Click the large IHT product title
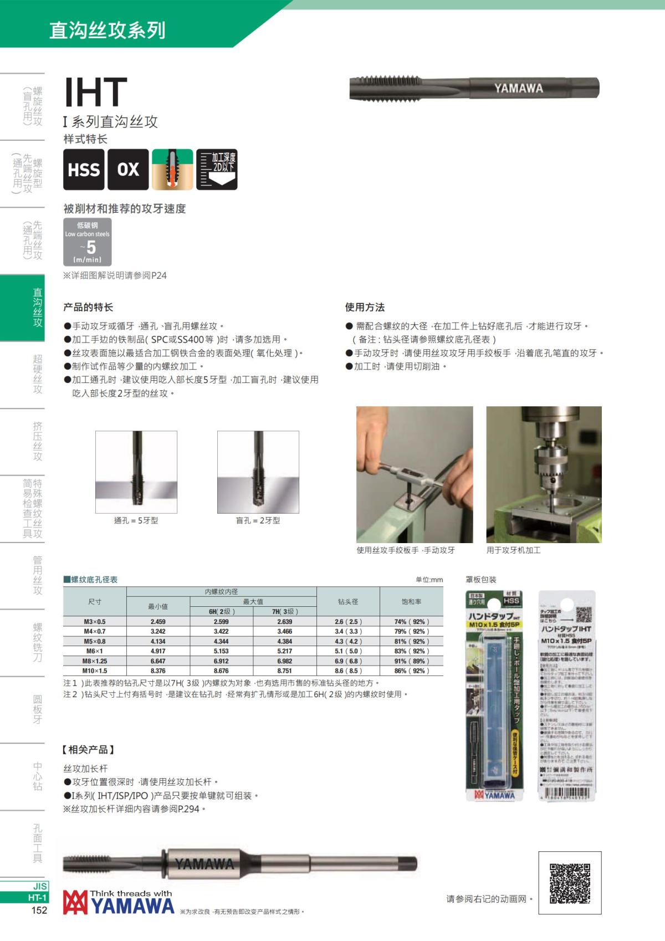click(x=95, y=92)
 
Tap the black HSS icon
click(x=84, y=170)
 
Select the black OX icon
click(x=128, y=170)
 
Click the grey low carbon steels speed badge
click(x=88, y=242)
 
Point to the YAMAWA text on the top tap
click(x=518, y=88)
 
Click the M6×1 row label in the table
click(x=95, y=651)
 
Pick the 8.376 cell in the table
click(x=158, y=671)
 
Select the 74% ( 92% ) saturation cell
click(x=411, y=622)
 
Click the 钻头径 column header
click(x=348, y=601)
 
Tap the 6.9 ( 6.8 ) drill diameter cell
click(x=348, y=661)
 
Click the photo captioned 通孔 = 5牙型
click(x=136, y=472)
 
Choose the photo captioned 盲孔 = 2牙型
click(x=258, y=472)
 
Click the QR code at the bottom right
click(x=570, y=883)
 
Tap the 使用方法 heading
click(x=365, y=307)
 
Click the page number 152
click(x=39, y=910)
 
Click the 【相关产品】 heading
click(x=89, y=750)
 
